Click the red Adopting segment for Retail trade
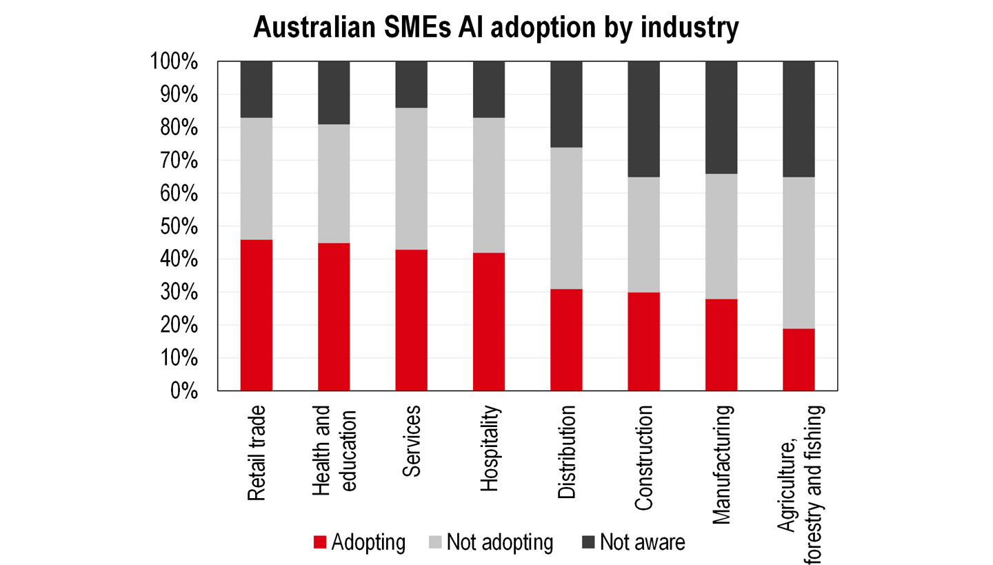coord(256,315)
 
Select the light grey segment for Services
coord(411,179)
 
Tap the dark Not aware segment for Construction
coord(643,119)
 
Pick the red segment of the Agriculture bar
coord(799,359)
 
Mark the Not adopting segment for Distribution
coord(566,218)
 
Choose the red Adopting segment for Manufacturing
coord(721,345)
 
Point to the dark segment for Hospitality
coord(488,90)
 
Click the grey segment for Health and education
coord(334,184)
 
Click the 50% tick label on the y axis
coord(175,227)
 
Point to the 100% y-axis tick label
coord(172,62)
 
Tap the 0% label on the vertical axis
coord(183,391)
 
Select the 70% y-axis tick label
coord(175,161)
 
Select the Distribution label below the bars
coord(566,453)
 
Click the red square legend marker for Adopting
coord(319,542)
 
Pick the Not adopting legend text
coord(500,542)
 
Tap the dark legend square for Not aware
coord(588,542)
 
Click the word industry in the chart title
coord(687,29)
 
